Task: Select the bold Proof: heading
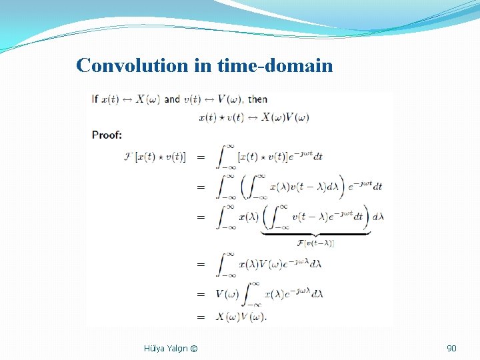107,135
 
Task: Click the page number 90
451,348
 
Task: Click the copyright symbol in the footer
193,348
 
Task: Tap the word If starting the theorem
95,99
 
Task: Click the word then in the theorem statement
257,99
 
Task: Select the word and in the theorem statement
172,99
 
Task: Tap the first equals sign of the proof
200,157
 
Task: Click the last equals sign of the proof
200,316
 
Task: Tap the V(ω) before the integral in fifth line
227,294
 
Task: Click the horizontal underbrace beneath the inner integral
315,233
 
